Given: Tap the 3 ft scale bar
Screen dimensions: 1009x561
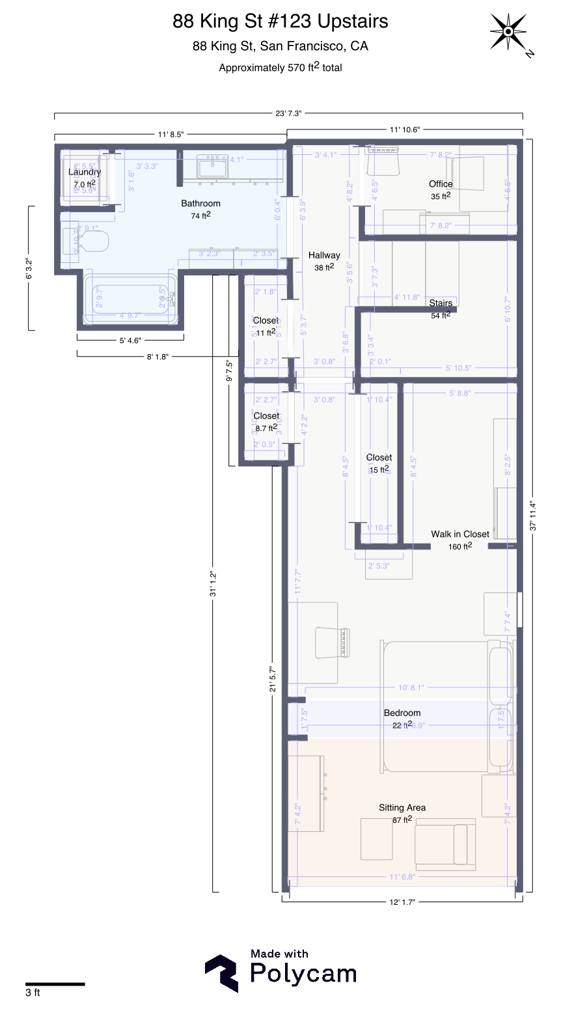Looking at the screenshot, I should pos(55,984).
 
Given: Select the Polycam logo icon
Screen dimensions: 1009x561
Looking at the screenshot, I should pos(221,973).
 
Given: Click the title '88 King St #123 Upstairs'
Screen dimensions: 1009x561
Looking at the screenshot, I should pos(280,21).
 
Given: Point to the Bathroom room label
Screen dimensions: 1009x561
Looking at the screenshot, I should pos(200,204).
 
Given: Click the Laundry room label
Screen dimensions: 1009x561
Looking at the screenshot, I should pos(85,173).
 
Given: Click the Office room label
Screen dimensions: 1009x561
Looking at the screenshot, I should pos(441,184).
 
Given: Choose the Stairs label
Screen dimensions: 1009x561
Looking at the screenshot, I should pos(441,303).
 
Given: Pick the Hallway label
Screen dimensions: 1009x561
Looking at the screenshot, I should pos(324,255).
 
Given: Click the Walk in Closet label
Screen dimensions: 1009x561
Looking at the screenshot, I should pos(459,534).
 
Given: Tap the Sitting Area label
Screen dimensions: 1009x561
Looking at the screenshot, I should pos(402,808).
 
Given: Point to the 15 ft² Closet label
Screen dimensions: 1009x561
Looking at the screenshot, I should pos(379,458).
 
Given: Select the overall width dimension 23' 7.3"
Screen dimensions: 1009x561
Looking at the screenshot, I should pos(288,113).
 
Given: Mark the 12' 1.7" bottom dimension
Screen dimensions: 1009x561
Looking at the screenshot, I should pos(401,902).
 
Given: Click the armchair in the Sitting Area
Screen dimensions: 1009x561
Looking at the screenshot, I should pos(446,844).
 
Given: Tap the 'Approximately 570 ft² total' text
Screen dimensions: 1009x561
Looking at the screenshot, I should pos(280,67).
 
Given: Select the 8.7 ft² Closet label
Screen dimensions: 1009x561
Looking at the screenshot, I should pos(266,417).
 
